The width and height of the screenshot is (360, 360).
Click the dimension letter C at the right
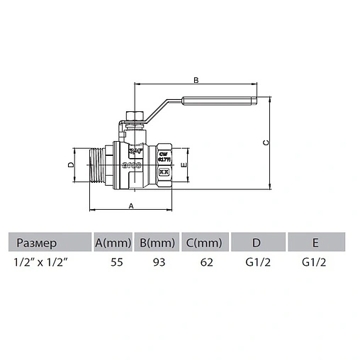click(266, 142)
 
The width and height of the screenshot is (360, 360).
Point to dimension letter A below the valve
click(131, 206)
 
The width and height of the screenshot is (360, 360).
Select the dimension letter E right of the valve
click(184, 164)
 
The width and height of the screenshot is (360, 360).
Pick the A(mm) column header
click(113, 243)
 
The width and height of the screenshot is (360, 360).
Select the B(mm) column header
click(157, 243)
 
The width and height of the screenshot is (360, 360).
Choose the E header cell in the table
click(315, 243)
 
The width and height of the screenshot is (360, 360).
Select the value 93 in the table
click(157, 261)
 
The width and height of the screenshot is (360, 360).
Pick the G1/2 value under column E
click(315, 261)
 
